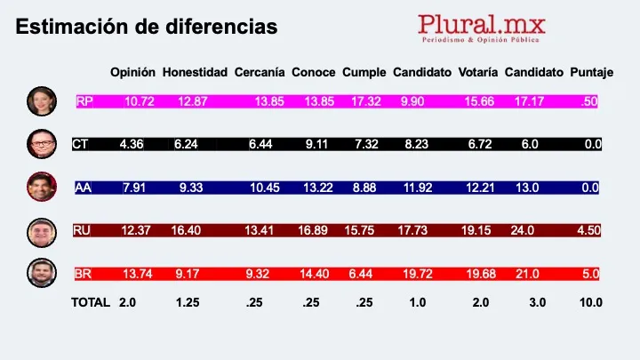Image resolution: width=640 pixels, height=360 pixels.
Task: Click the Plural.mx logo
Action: click(482, 28)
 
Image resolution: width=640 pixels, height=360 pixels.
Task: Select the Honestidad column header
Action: click(196, 72)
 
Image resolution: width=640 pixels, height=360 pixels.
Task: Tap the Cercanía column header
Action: click(260, 72)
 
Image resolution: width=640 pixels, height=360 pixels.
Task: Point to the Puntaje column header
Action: click(591, 72)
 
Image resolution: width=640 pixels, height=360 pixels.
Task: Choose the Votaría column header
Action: click(478, 72)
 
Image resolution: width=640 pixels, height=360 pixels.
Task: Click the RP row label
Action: click(84, 101)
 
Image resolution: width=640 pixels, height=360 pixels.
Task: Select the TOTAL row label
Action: click(91, 302)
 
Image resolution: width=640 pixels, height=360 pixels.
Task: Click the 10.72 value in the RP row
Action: click(140, 101)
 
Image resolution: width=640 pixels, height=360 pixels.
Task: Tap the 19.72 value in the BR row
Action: click(418, 273)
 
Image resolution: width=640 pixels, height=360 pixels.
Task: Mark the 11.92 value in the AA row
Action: click(417, 188)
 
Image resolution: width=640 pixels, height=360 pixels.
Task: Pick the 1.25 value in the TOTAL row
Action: click(188, 302)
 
